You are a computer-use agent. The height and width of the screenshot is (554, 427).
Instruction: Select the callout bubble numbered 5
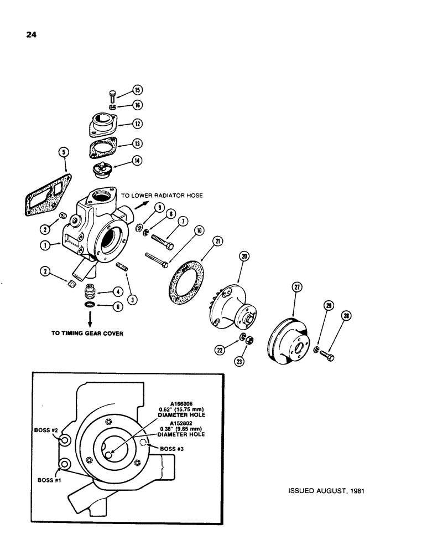[64, 152]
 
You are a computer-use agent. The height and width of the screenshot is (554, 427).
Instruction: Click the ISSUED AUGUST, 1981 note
[326, 491]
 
